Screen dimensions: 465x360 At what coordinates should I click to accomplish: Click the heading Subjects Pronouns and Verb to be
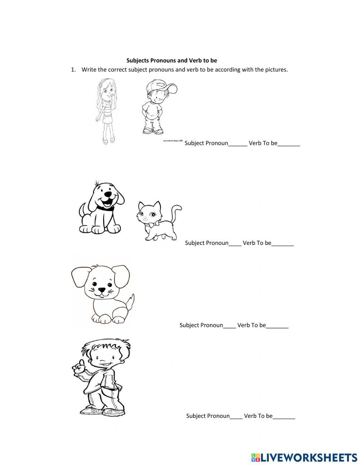coord(172,61)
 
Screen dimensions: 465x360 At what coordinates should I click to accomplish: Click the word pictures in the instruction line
coord(276,70)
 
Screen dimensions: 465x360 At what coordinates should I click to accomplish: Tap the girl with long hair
coord(105,110)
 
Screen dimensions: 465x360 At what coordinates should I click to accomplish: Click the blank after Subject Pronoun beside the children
coord(238,144)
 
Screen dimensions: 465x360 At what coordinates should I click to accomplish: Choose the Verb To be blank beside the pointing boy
coord(284,417)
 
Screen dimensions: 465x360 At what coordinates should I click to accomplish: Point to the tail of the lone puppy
coord(130,301)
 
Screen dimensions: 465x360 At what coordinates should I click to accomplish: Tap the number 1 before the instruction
coord(73,70)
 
